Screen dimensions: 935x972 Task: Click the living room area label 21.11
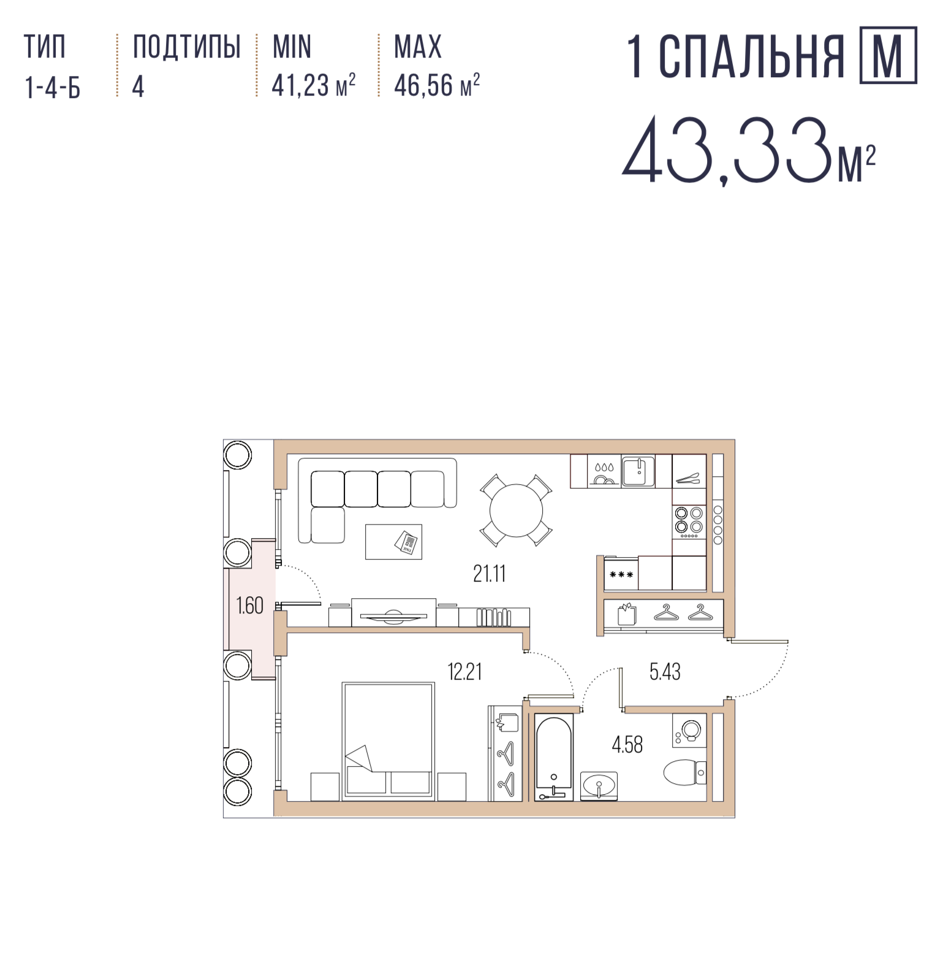pyautogui.click(x=489, y=574)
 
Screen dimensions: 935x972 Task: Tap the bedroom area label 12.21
pyautogui.click(x=464, y=672)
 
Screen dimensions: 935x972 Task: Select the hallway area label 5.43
pyautogui.click(x=665, y=672)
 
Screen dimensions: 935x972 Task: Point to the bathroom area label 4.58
pyautogui.click(x=627, y=745)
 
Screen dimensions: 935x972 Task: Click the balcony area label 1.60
pyautogui.click(x=249, y=606)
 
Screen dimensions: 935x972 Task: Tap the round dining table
pyautogui.click(x=517, y=511)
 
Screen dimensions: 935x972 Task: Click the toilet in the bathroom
pyautogui.click(x=685, y=772)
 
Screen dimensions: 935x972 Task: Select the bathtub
pyautogui.click(x=554, y=757)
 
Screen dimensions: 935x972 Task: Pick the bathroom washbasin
pyautogui.click(x=599, y=785)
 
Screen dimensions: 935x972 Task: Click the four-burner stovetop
pyautogui.click(x=689, y=522)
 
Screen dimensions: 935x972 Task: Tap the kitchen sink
pyautogui.click(x=638, y=471)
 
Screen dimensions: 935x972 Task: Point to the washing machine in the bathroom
pyautogui.click(x=689, y=730)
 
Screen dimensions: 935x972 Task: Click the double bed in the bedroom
pyautogui.click(x=388, y=741)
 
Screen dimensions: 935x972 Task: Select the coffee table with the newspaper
pyautogui.click(x=393, y=542)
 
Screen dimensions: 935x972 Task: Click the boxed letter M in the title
pyautogui.click(x=888, y=55)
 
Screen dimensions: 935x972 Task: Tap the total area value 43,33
pyautogui.click(x=729, y=151)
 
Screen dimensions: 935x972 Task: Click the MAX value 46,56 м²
pyautogui.click(x=437, y=85)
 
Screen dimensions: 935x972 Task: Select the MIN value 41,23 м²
pyautogui.click(x=313, y=85)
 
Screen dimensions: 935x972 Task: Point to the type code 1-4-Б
pyautogui.click(x=53, y=87)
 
